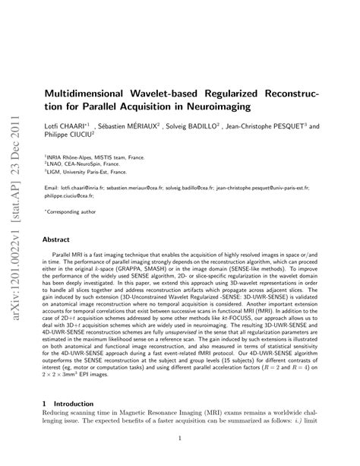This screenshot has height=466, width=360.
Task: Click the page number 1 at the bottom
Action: point(180,438)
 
